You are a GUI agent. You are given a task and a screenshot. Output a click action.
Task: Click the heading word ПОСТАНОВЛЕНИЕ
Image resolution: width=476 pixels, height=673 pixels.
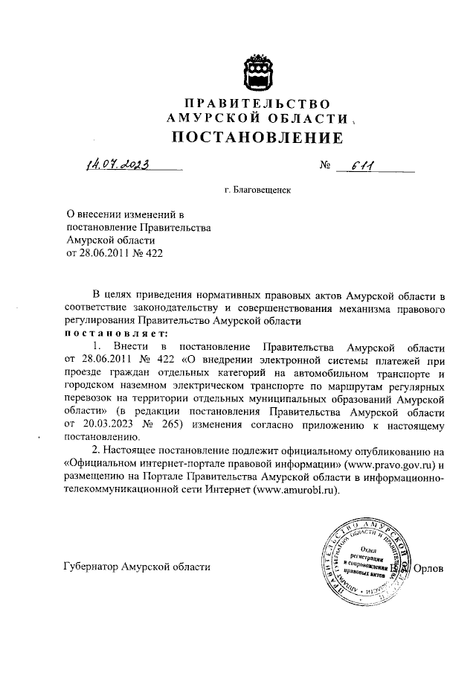tap(258, 138)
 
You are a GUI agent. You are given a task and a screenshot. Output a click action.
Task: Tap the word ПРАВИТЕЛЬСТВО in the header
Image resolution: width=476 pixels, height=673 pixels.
tap(257, 103)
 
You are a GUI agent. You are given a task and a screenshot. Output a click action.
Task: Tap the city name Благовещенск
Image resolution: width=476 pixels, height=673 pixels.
tap(264, 191)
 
